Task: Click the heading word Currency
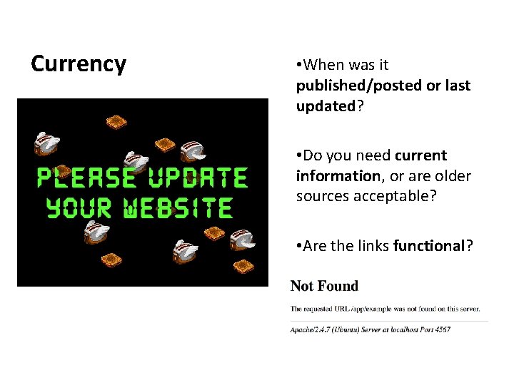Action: click(x=79, y=64)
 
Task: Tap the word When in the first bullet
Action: click(x=322, y=65)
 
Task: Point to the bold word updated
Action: click(x=326, y=106)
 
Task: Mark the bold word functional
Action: click(x=429, y=246)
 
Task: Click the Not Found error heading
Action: click(x=324, y=287)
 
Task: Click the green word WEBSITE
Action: click(x=178, y=207)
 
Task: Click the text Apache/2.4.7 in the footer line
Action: click(x=311, y=330)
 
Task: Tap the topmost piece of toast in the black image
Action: click(x=116, y=122)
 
